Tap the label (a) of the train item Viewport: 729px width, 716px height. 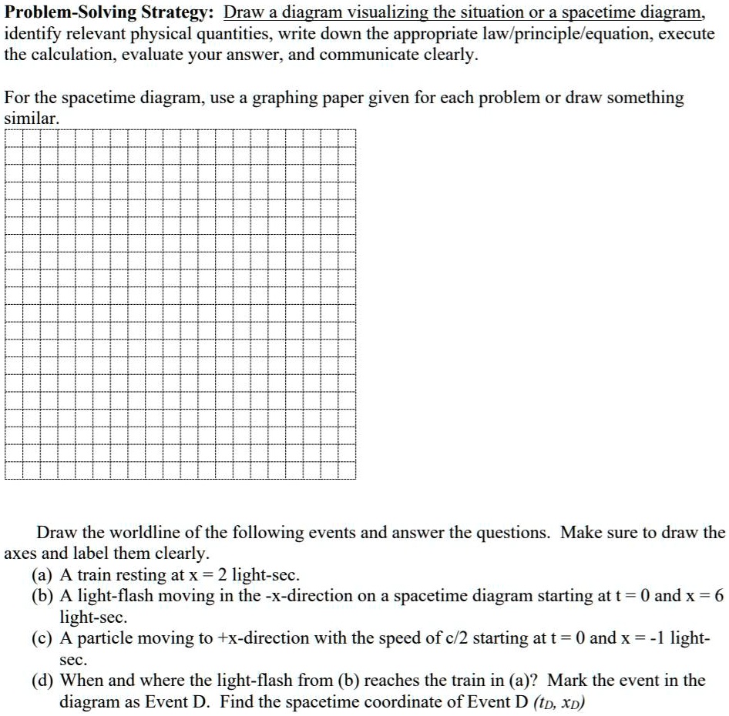(x=43, y=575)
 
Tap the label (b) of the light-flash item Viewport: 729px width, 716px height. (x=43, y=596)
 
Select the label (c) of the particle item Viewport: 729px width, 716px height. (x=43, y=638)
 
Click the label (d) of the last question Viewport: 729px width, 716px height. (x=43, y=681)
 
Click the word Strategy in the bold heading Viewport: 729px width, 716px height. (x=179, y=15)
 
